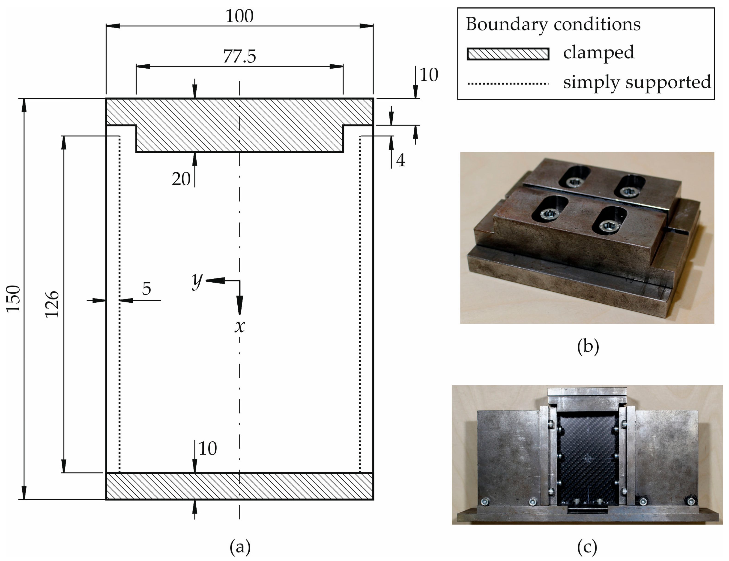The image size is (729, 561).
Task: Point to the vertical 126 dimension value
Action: (x=52, y=304)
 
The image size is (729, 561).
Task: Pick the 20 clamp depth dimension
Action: (x=181, y=179)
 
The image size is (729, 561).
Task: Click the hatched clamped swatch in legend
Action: (x=508, y=54)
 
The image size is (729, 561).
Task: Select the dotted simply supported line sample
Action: (x=508, y=83)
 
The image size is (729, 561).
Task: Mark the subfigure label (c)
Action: (x=587, y=547)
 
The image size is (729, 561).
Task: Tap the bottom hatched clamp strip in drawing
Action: (x=239, y=486)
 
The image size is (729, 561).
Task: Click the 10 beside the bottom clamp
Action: (x=208, y=449)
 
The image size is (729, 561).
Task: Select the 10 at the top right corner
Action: (x=428, y=75)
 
